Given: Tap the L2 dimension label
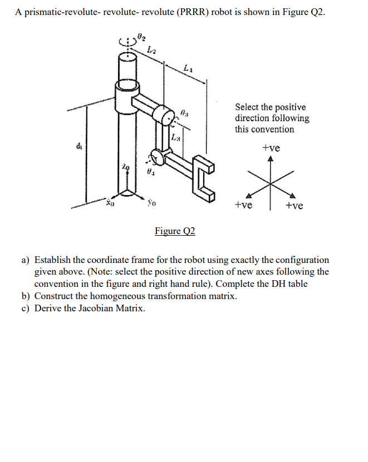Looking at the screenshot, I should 151,51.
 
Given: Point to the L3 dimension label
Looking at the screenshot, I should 175,137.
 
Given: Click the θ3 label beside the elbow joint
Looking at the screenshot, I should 185,114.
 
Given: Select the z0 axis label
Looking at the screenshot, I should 126,166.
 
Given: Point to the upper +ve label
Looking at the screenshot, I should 271,148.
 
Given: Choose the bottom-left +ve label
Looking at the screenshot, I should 243,205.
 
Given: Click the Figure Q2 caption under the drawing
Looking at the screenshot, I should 175,231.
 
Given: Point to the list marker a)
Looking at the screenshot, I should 26,260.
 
